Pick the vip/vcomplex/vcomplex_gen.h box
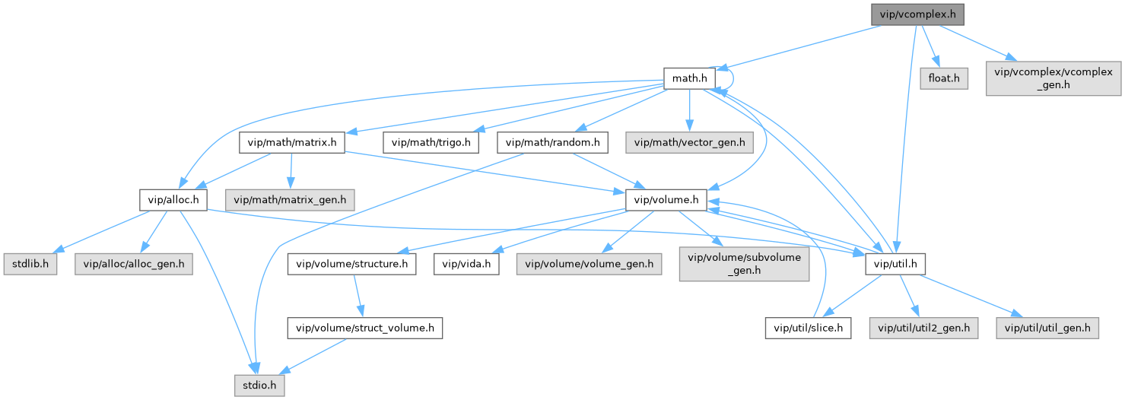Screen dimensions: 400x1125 (1053, 78)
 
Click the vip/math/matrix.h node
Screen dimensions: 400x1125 (292, 141)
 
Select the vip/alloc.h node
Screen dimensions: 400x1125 (173, 200)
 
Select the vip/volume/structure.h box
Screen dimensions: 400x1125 (351, 264)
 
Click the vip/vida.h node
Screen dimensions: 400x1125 (466, 264)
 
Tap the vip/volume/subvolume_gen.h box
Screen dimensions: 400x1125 (744, 264)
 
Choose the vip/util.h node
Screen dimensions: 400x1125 (895, 264)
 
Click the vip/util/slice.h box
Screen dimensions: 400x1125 (807, 328)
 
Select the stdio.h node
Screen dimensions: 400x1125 (259, 386)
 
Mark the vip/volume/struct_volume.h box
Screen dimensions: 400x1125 (364, 328)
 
